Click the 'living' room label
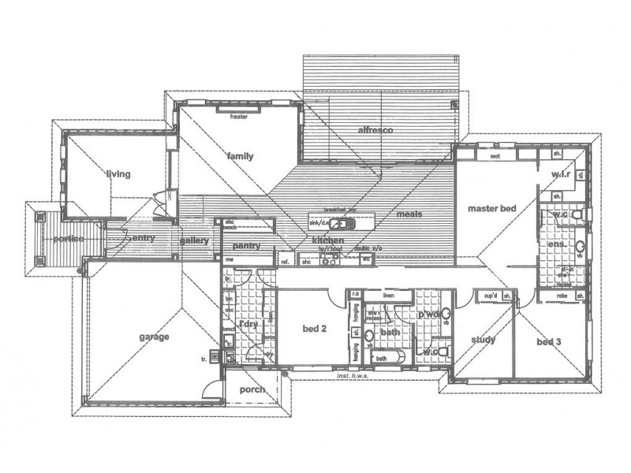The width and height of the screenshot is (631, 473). (x=119, y=174)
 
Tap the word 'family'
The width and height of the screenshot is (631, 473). (x=240, y=156)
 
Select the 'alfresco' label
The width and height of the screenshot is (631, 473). (x=375, y=129)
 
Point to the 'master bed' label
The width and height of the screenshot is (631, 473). (x=491, y=209)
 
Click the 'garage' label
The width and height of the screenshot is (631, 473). (x=155, y=337)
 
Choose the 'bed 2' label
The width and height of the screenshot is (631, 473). (x=315, y=329)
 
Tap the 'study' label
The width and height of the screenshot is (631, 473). (x=482, y=340)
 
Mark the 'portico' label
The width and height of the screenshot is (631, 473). (x=69, y=239)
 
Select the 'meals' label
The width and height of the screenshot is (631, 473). (x=409, y=214)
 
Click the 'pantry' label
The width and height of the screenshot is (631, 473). (x=247, y=246)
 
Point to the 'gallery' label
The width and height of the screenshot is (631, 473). (x=193, y=240)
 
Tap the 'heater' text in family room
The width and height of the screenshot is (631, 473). (x=240, y=117)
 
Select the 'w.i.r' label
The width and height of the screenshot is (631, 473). (x=561, y=174)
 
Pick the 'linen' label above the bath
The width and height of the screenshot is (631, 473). (x=388, y=296)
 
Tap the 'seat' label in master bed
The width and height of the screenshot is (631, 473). (x=495, y=156)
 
